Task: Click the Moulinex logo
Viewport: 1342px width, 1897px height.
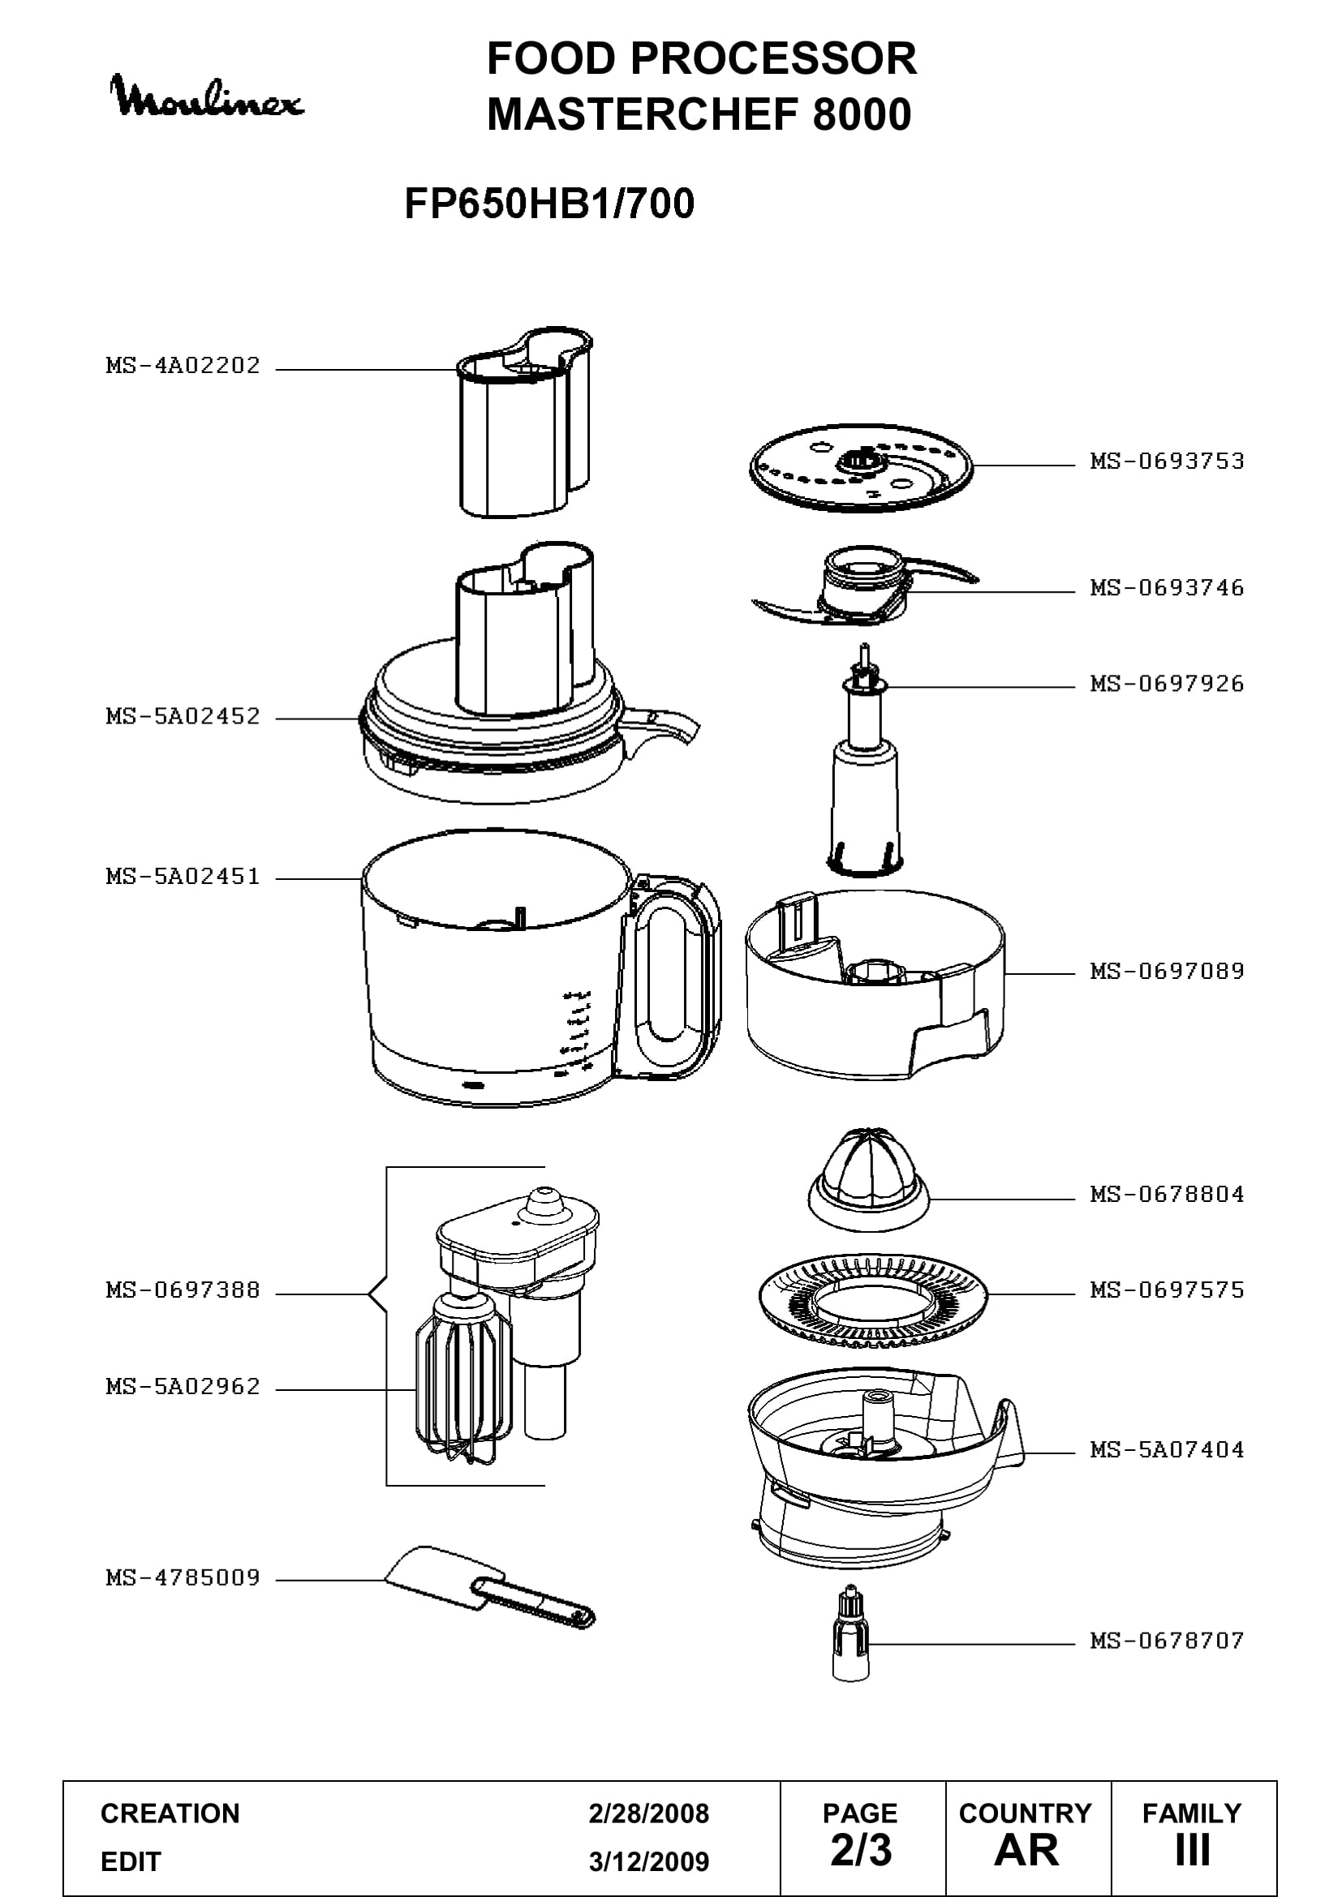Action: tap(207, 97)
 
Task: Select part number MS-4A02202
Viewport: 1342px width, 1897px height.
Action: tap(183, 365)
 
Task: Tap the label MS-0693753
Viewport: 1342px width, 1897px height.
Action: tap(1167, 461)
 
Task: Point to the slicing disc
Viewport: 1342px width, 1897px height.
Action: tap(861, 468)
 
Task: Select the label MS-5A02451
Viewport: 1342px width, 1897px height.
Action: tap(183, 876)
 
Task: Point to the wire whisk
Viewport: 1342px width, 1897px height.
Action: tap(463, 1377)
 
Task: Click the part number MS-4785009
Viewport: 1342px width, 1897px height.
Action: tap(183, 1578)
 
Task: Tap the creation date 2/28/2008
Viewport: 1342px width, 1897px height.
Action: tap(649, 1813)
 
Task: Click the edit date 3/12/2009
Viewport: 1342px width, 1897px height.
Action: tap(649, 1861)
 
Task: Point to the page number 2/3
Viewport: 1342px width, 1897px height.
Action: tap(861, 1851)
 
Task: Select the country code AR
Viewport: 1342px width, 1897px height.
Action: tap(1026, 1851)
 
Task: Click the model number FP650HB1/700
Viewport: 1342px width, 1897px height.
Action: tap(549, 204)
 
